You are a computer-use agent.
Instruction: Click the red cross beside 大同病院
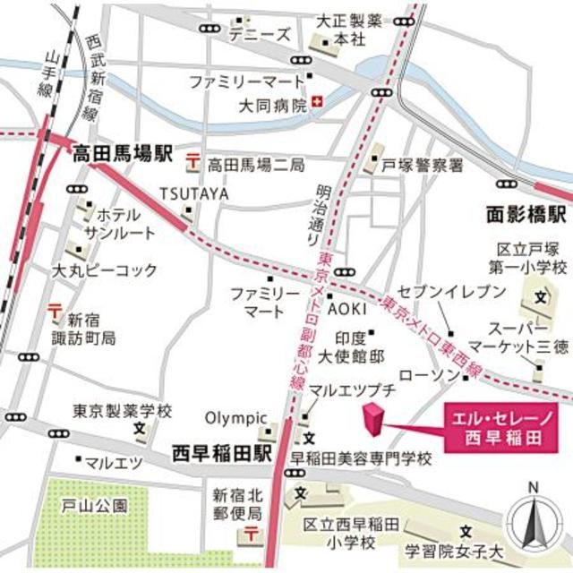click(x=318, y=105)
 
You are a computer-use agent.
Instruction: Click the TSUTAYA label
click(x=194, y=193)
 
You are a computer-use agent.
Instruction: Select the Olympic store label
click(x=236, y=417)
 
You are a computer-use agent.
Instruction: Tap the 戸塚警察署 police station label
click(x=423, y=166)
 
